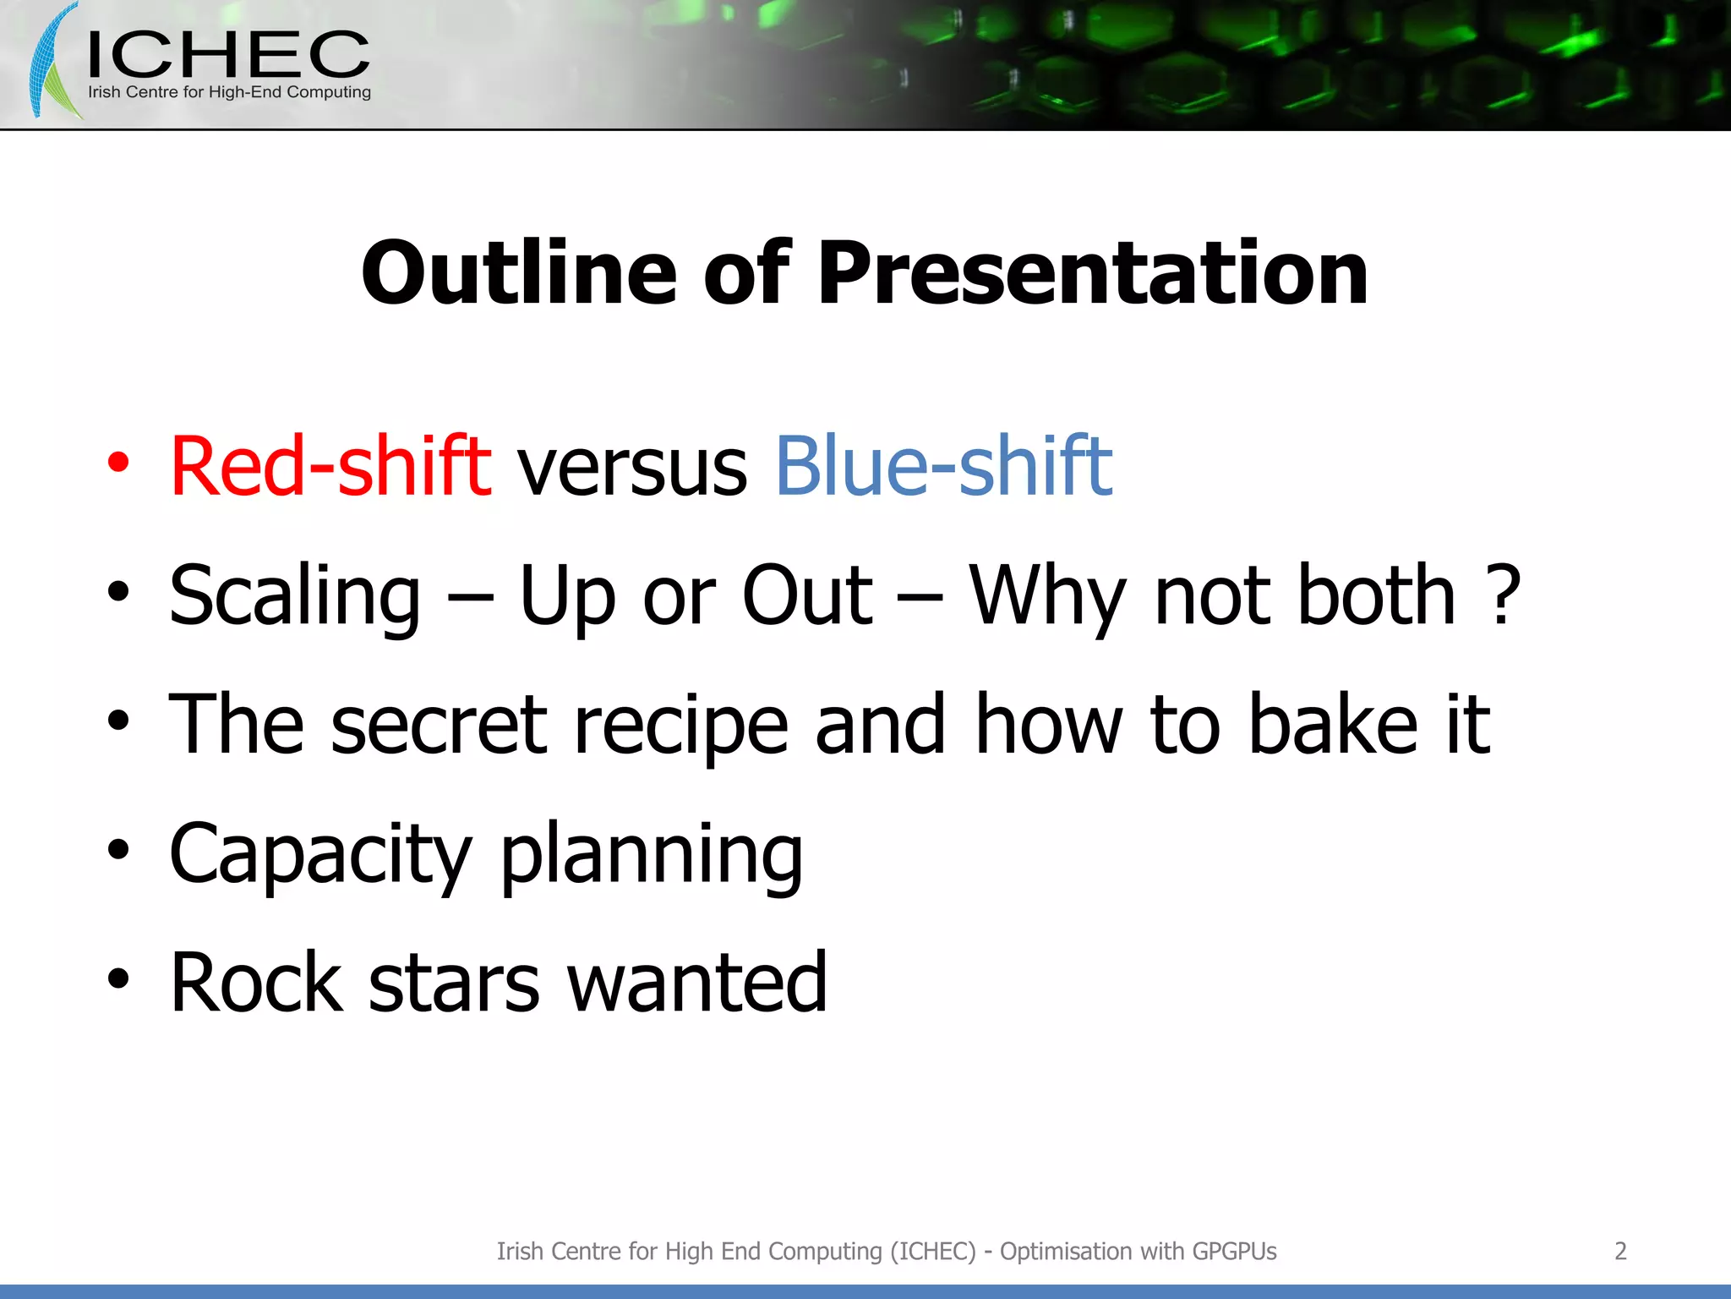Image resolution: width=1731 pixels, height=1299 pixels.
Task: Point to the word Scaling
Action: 294,596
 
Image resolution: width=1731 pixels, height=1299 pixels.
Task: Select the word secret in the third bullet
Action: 439,725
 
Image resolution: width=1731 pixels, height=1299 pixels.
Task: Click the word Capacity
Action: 319,854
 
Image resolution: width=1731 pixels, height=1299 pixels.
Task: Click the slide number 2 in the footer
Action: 1620,1251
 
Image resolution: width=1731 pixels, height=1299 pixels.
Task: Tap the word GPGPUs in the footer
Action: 1234,1251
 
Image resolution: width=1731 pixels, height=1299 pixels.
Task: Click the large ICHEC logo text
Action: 228,55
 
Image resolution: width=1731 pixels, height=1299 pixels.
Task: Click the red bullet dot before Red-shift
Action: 118,463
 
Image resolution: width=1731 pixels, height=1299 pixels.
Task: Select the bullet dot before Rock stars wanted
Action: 118,979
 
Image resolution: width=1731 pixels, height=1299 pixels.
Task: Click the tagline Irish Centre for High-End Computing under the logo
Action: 229,92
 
